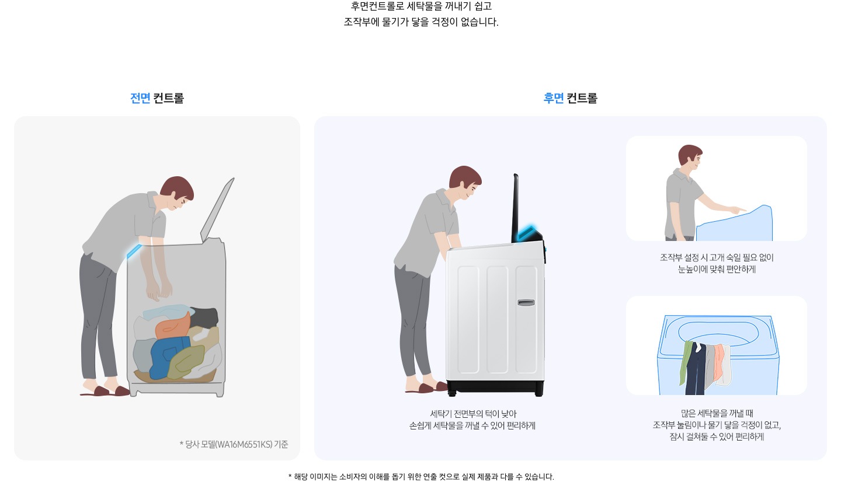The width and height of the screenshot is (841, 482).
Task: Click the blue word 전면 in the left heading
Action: (140, 98)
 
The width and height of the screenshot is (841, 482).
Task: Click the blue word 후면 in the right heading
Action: (553, 98)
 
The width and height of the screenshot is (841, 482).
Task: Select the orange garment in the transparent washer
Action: (173, 327)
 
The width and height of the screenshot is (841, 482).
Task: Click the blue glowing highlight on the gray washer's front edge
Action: (134, 251)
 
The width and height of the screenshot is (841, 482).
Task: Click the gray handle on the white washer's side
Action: (526, 302)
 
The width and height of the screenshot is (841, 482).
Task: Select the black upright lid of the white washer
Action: (516, 207)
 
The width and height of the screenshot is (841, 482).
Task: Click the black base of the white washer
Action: (495, 387)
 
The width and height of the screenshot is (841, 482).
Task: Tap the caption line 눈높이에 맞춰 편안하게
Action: (717, 270)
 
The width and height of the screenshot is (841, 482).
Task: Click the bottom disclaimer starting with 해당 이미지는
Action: (420, 476)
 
